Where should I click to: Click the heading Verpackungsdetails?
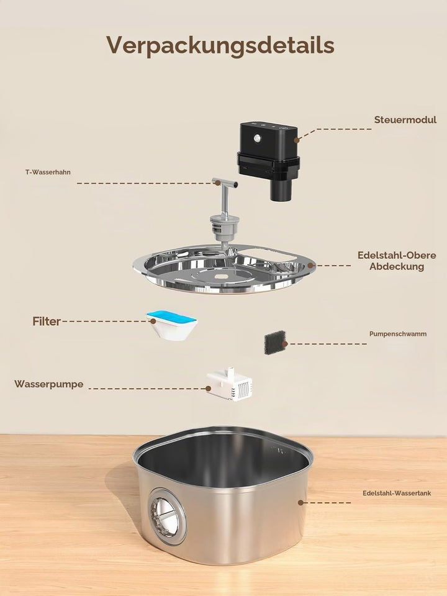coord(220,46)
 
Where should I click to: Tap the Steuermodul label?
coord(405,120)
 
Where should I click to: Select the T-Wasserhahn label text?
coord(48,172)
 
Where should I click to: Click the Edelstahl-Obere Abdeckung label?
coord(397,261)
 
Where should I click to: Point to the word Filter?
coord(47,322)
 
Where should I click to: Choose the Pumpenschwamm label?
coord(397,334)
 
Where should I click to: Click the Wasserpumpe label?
coord(48,384)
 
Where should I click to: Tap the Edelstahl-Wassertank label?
coord(397,494)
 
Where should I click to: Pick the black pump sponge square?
coord(274,343)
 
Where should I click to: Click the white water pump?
coord(229,385)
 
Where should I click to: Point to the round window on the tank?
coord(167,516)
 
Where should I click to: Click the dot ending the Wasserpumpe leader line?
coord(209,389)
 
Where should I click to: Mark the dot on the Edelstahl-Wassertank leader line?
coord(300,502)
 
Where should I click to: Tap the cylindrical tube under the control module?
coord(281,190)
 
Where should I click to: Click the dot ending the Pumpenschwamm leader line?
coord(285,344)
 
